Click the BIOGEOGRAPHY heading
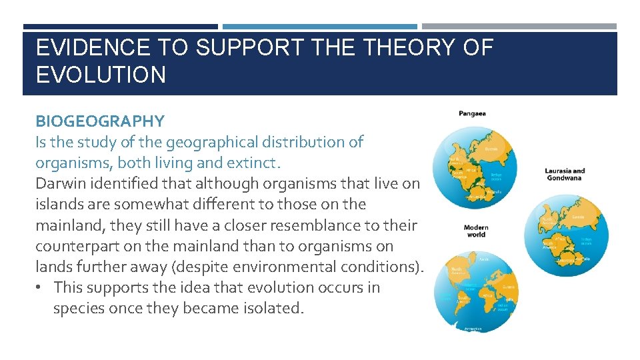[100, 121]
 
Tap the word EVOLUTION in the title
[101, 75]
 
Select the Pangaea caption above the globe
[472, 113]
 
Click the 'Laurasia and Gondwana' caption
[565, 175]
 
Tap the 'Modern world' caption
[476, 231]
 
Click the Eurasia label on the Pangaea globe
[491, 149]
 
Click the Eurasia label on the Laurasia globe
[578, 217]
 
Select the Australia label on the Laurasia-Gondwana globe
[585, 259]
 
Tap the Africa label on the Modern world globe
[487, 294]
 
